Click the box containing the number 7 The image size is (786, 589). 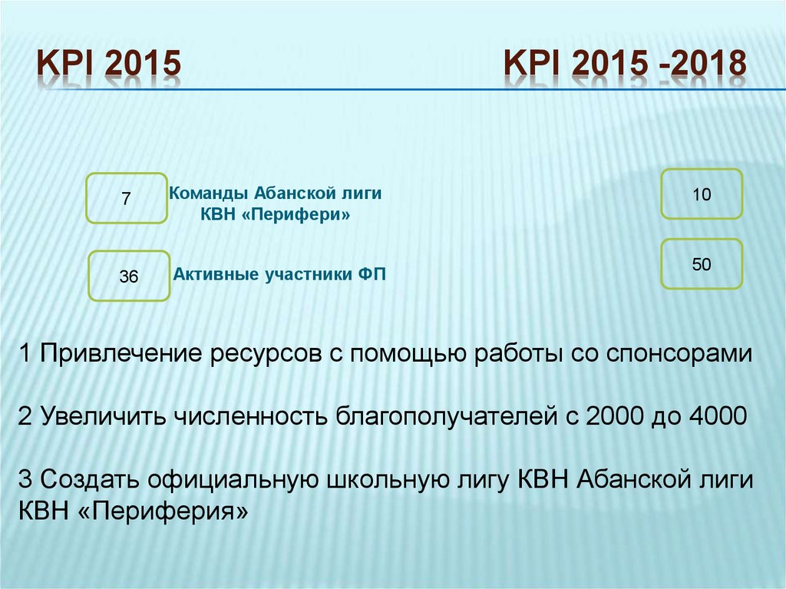127,198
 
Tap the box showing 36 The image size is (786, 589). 129,276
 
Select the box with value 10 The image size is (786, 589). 702,194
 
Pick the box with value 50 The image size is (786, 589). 702,264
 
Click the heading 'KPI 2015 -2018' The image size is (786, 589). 625,65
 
